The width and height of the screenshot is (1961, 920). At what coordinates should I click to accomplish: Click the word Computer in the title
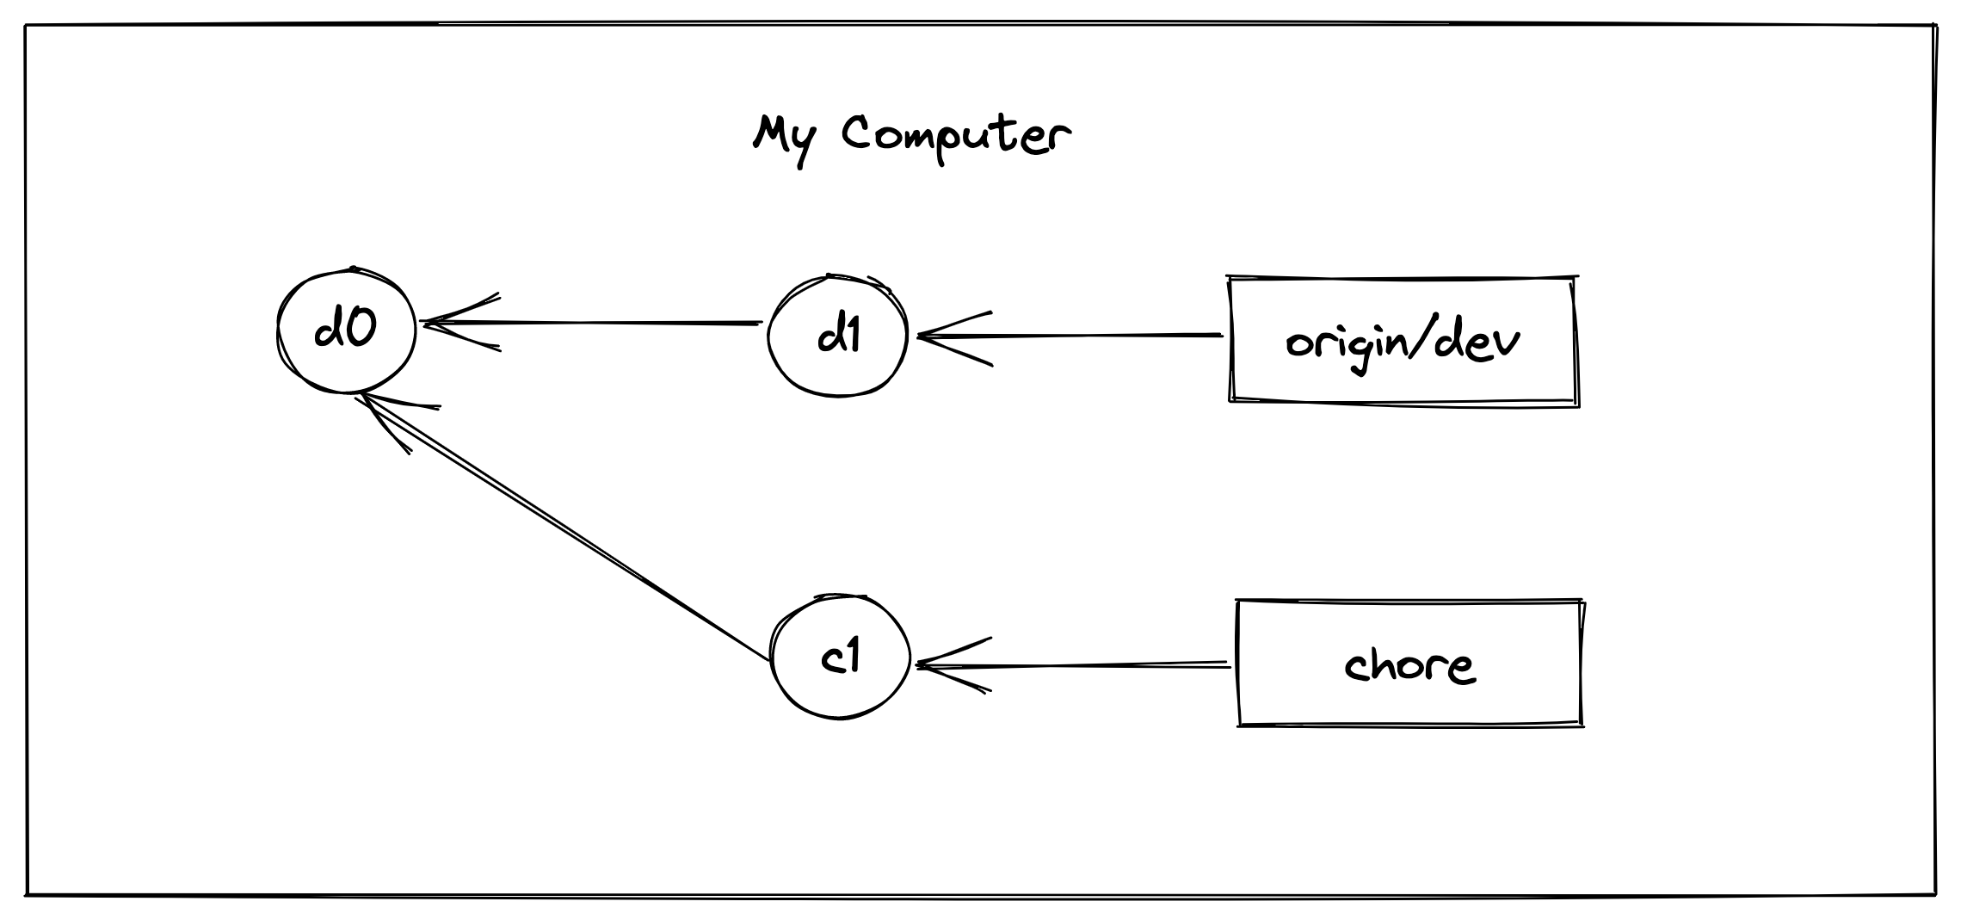(956, 139)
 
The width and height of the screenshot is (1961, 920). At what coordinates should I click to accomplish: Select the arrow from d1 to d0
(592, 323)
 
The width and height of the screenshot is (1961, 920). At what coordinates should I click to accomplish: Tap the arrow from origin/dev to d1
(1070, 336)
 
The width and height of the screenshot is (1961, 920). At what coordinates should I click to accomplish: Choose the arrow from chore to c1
(1073, 664)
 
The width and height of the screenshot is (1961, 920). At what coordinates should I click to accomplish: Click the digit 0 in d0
(361, 330)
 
